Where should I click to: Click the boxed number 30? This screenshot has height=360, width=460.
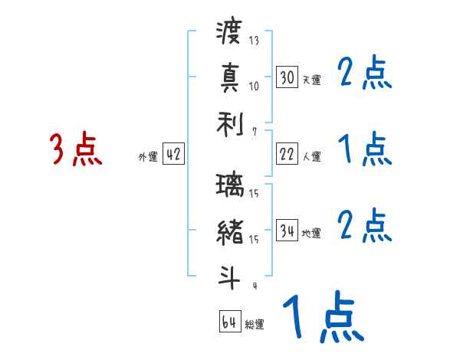(x=287, y=77)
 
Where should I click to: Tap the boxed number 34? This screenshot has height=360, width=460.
(x=287, y=230)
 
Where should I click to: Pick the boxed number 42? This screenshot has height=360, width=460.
(x=172, y=155)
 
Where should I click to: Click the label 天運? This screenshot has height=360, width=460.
(x=311, y=80)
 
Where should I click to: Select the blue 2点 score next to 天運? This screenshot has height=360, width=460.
(x=365, y=74)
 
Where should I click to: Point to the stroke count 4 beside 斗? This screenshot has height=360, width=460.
(x=253, y=286)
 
